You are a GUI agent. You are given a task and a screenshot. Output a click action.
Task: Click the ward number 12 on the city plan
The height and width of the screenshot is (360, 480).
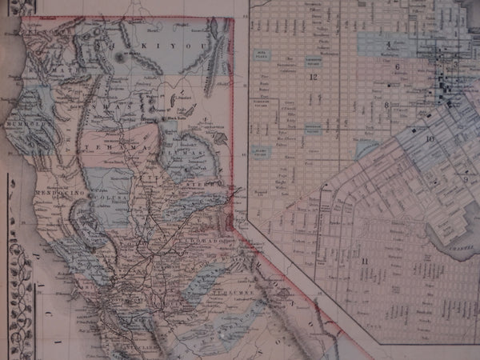click(313, 77)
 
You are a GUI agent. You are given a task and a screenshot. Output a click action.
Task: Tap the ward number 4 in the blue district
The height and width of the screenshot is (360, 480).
click(389, 44)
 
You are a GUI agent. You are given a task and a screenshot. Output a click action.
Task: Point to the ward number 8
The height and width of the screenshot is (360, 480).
click(386, 105)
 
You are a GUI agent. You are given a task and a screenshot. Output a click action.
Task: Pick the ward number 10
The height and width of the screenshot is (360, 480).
click(430, 138)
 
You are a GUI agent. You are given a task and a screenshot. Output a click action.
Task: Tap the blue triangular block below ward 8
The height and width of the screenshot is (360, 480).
click(366, 147)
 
